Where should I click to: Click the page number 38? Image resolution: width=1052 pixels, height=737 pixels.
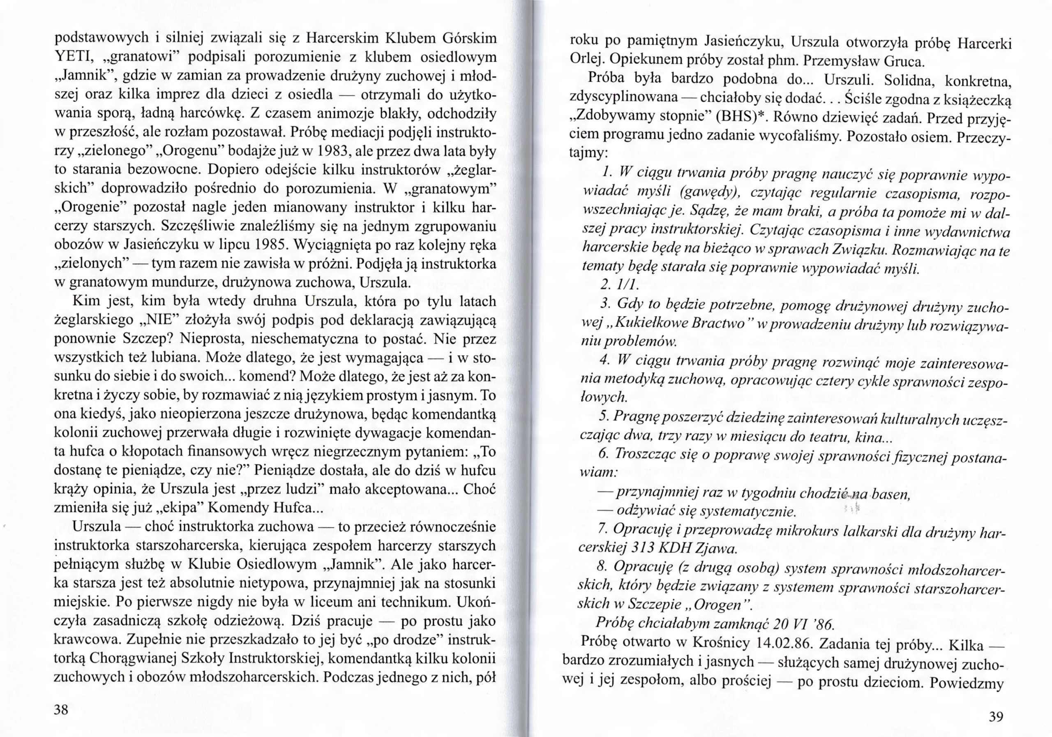tap(61, 710)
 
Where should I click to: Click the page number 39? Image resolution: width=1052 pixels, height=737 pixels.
tap(996, 716)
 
